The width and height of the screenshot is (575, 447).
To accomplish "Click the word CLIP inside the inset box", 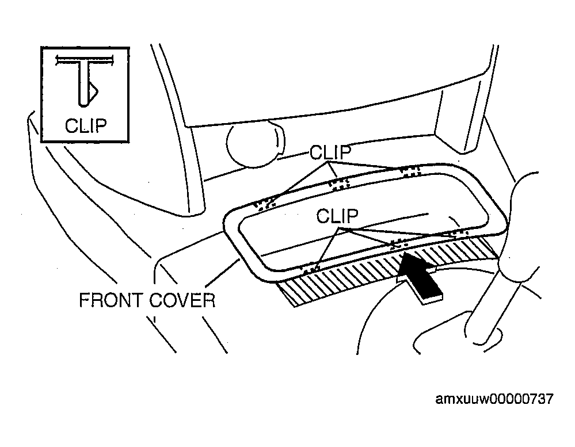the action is tap(86, 125).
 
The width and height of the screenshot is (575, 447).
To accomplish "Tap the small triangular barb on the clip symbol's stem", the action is tap(93, 91).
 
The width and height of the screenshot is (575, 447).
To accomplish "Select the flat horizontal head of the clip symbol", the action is tap(85, 60).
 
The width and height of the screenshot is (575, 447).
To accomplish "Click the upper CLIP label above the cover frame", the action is tap(330, 152).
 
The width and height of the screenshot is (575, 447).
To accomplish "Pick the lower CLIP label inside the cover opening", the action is tap(337, 216).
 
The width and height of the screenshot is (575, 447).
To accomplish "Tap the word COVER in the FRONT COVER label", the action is tap(182, 300).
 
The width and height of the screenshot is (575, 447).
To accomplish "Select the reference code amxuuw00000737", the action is tap(494, 399).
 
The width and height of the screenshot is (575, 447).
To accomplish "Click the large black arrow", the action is tap(419, 277).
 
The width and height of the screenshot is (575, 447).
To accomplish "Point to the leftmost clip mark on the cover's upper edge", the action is tap(265, 204).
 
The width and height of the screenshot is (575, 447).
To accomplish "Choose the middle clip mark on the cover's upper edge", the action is tap(339, 184).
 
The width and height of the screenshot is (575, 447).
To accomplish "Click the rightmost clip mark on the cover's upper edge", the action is tap(410, 171).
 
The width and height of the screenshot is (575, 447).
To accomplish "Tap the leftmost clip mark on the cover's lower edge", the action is tap(311, 269).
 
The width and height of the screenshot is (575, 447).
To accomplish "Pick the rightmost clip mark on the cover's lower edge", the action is tap(457, 232).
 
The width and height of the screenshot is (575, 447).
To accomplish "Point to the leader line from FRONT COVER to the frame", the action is tap(222, 273).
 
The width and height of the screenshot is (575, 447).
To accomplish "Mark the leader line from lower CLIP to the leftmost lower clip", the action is tap(328, 247).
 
